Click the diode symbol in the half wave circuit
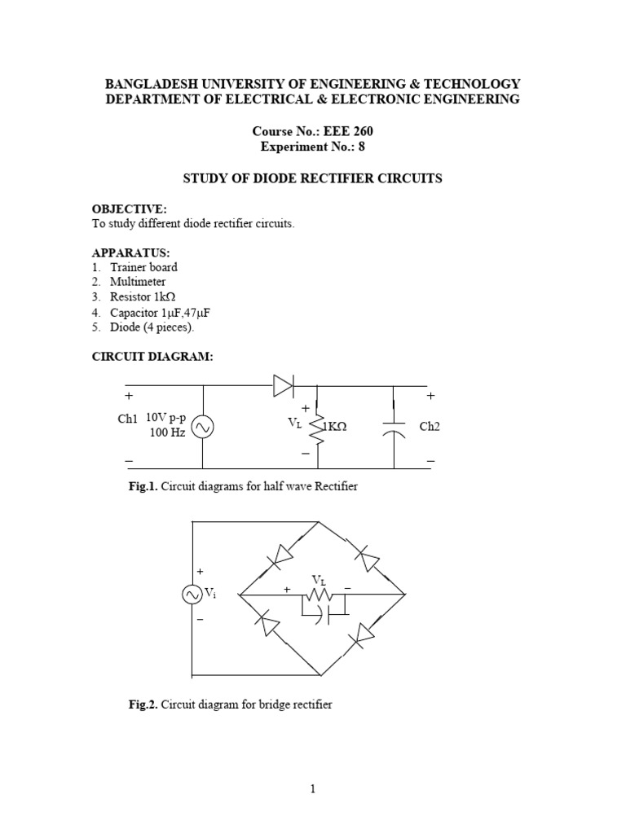(284, 386)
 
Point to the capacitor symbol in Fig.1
(395, 428)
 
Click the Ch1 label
(129, 418)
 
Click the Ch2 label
(430, 427)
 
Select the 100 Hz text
(167, 432)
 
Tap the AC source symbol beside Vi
(193, 595)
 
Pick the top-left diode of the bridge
(280, 555)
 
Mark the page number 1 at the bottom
(313, 788)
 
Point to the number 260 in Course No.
(362, 131)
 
